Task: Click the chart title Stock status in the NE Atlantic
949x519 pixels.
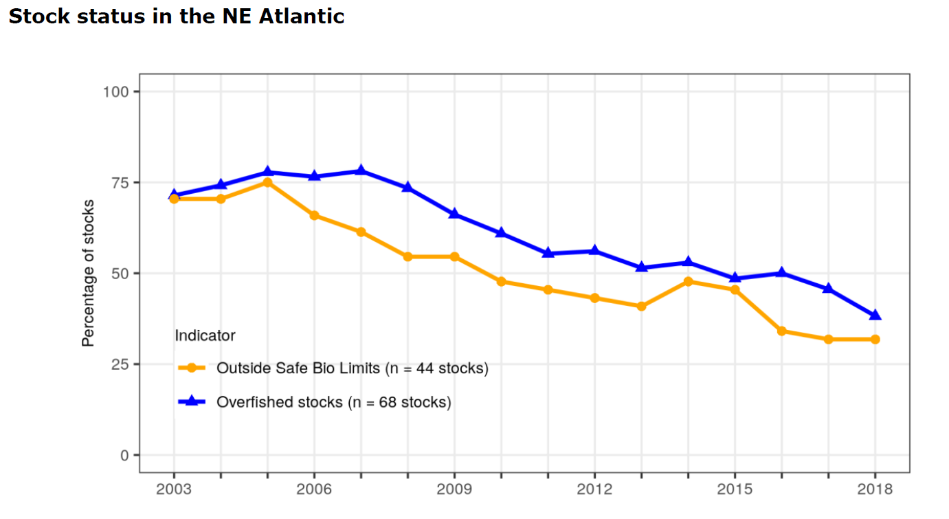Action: (x=176, y=16)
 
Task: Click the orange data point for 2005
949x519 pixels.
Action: (x=267, y=182)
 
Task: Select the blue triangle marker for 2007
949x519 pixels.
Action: (x=361, y=170)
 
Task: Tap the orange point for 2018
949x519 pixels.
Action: (x=875, y=339)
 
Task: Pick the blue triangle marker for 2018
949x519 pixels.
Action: (x=875, y=315)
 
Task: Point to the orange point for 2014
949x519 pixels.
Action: (x=688, y=281)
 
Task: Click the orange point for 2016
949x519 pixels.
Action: (x=781, y=331)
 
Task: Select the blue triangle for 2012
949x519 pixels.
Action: (x=594, y=251)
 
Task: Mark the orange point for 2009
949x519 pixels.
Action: (x=454, y=256)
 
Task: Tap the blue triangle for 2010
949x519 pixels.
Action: (x=501, y=233)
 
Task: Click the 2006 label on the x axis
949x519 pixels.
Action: (x=314, y=489)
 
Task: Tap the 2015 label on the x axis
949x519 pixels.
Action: (x=735, y=489)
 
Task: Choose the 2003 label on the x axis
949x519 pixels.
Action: (x=174, y=489)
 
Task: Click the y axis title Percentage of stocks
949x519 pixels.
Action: (x=88, y=273)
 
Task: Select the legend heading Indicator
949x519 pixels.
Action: (x=205, y=335)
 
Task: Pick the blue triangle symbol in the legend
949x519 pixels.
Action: (x=192, y=401)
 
